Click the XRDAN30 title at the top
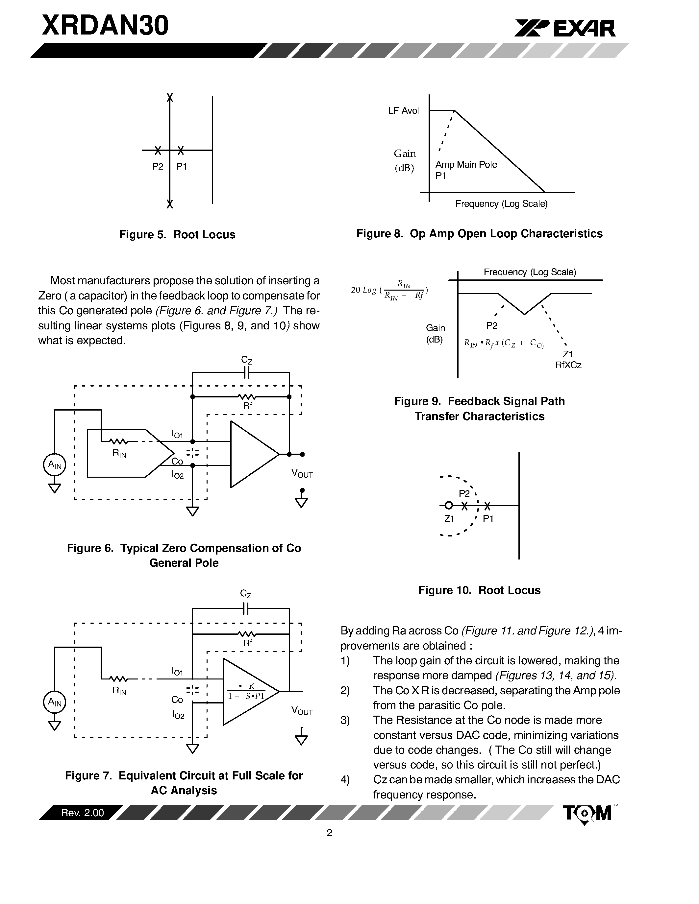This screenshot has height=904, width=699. tap(105, 26)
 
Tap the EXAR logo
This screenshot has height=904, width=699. tap(565, 29)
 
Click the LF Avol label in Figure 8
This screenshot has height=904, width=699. tap(403, 110)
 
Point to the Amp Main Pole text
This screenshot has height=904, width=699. tap(466, 164)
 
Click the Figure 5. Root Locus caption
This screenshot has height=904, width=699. tap(177, 234)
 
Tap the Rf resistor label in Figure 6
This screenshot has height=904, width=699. tap(247, 406)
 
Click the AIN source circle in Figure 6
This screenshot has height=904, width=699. tap(55, 465)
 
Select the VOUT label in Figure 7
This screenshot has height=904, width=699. tap(302, 711)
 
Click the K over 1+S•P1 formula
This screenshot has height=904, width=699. tap(246, 691)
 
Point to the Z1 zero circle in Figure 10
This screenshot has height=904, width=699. tap(448, 505)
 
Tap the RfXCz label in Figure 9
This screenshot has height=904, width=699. tap(568, 365)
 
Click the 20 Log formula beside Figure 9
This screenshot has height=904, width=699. tap(389, 290)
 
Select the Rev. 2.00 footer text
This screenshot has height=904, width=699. tap(83, 813)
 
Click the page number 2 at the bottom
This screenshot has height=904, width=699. tap(329, 833)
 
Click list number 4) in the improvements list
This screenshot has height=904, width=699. tap(345, 780)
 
